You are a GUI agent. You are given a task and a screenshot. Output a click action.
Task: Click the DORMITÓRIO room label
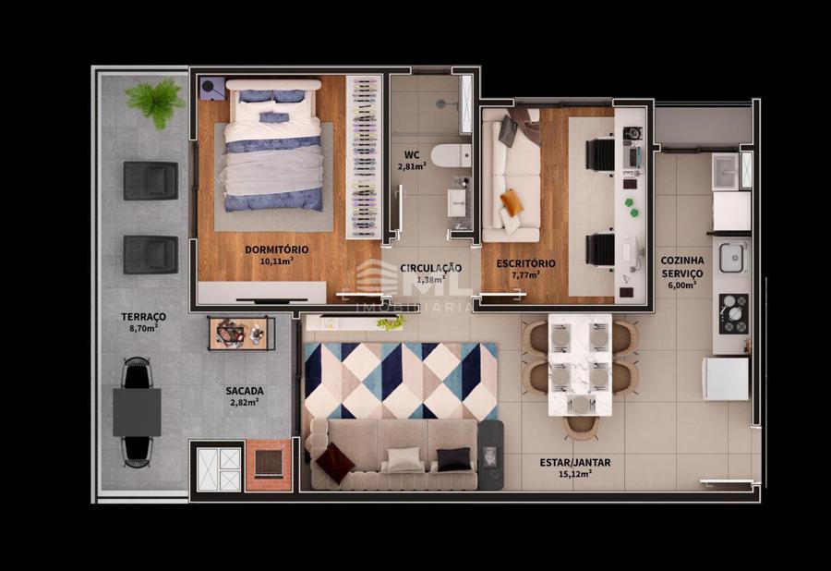pos(277,249)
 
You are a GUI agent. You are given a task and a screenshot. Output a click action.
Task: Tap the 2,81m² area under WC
pos(412,166)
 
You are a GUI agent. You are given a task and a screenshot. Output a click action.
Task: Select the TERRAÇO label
pos(144,317)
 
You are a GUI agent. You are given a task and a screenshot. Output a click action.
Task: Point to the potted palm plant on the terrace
pos(156,102)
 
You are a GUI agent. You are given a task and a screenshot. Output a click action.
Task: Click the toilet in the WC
pos(451,155)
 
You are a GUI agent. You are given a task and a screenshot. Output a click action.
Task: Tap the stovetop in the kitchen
pos(733,313)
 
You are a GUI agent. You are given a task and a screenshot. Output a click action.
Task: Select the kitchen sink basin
pos(732,257)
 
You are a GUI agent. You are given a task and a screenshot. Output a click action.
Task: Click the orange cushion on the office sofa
pos(512,202)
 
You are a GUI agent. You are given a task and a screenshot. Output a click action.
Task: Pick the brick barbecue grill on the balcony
pos(269,464)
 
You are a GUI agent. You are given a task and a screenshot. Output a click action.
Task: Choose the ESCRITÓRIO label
pos(525,263)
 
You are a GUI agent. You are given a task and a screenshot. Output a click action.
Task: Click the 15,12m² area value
pos(575,474)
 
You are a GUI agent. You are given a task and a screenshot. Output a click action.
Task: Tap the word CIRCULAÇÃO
pos(431,268)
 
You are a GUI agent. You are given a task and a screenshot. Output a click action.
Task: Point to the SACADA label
pos(245,391)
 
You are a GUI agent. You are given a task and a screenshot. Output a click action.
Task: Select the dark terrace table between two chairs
pos(137,412)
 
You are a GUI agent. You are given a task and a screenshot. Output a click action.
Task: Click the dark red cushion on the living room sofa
pos(334,462)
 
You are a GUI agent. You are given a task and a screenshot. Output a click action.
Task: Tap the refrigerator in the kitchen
pos(726,379)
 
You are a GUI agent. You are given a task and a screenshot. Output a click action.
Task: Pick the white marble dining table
pos(580,365)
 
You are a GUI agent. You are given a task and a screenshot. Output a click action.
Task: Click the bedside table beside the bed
pos(213,88)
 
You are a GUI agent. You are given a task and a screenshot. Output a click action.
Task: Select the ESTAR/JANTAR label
pos(575,462)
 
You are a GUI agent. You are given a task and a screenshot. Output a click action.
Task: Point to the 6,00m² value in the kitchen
pos(681,285)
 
